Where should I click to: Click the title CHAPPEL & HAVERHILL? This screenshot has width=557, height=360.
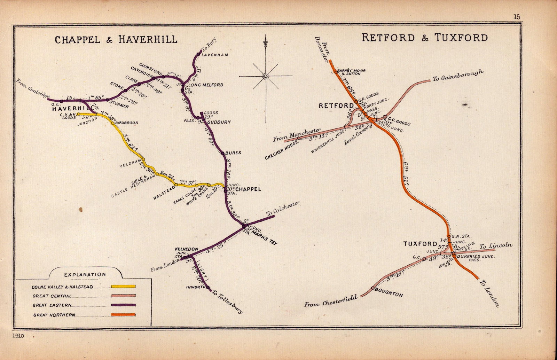(x=116, y=39)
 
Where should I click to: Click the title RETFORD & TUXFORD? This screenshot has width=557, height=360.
(x=425, y=38)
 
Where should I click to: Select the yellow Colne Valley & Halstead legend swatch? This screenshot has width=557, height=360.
(x=123, y=287)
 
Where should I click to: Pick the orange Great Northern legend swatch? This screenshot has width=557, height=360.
(x=123, y=315)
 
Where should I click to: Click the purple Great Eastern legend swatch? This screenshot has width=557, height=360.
(x=123, y=305)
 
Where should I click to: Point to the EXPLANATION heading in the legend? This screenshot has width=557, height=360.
(x=85, y=274)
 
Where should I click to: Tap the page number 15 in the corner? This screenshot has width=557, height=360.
(x=516, y=16)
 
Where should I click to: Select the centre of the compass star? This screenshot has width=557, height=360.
(x=265, y=76)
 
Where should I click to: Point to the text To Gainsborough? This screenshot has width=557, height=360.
(x=458, y=76)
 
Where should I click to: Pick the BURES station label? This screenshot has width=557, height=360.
(x=233, y=153)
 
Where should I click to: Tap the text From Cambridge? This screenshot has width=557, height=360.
(x=33, y=88)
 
